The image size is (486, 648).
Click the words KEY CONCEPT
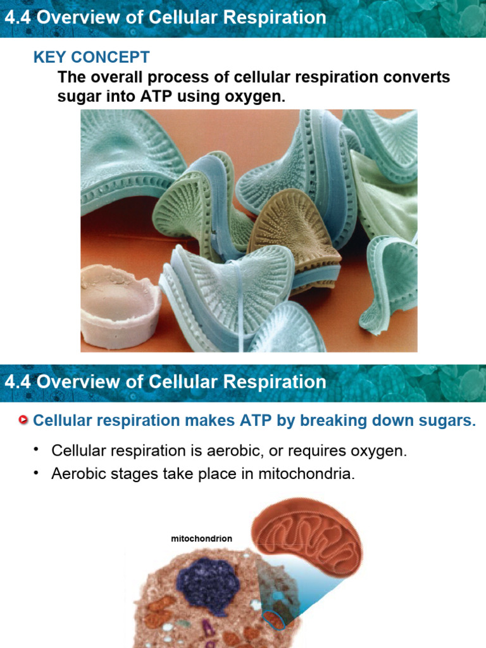click(x=91, y=58)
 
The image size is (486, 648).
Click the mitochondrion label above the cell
click(x=201, y=539)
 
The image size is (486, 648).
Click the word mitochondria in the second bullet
click(x=306, y=474)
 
